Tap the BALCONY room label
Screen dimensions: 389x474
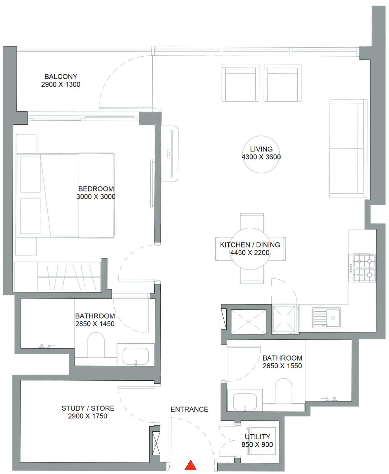(61, 77)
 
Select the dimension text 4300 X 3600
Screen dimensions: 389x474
(261, 157)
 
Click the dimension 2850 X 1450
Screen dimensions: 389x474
(95, 324)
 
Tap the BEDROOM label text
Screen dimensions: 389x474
(96, 189)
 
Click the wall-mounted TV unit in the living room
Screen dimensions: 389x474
(170, 154)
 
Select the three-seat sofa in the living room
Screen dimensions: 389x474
(348, 148)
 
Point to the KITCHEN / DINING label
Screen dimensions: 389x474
(250, 245)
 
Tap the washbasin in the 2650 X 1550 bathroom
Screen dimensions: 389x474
(245, 402)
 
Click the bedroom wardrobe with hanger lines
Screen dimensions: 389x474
(57, 277)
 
